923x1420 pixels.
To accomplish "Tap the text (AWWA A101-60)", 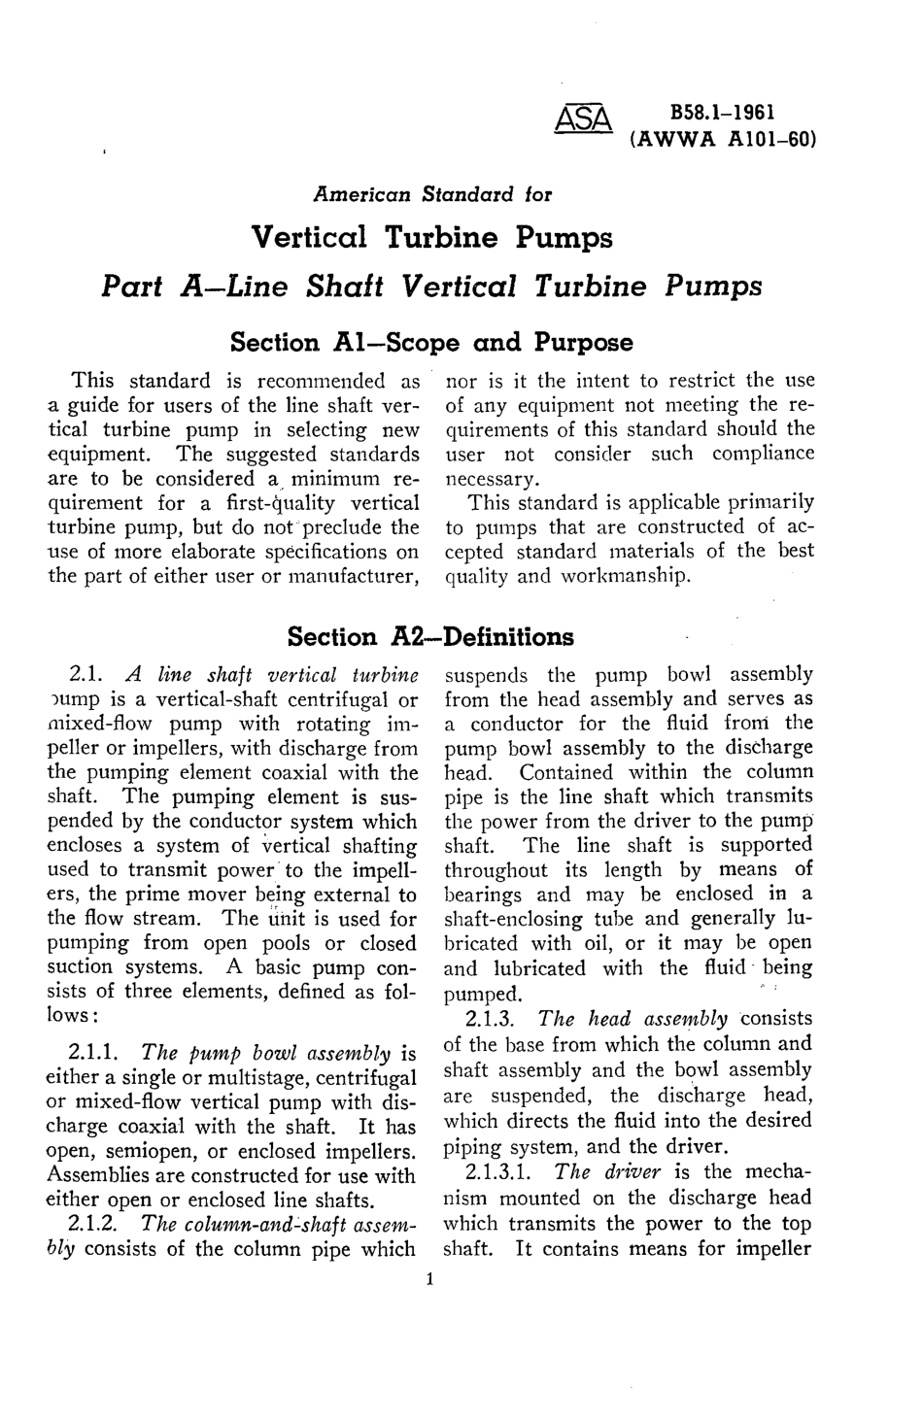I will pyautogui.click(x=721, y=138).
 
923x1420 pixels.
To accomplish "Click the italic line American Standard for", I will pyautogui.click(x=431, y=193).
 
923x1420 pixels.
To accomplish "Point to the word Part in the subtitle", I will pyautogui.click(x=134, y=287).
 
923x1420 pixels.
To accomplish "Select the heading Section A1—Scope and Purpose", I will pyautogui.click(x=430, y=343).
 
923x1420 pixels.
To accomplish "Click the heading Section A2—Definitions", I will pyautogui.click(x=430, y=637).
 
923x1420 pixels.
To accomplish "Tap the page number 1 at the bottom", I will pyautogui.click(x=427, y=1279).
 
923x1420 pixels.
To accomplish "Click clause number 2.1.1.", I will pyautogui.click(x=95, y=1053).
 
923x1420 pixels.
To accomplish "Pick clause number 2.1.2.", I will pyautogui.click(x=95, y=1224).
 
